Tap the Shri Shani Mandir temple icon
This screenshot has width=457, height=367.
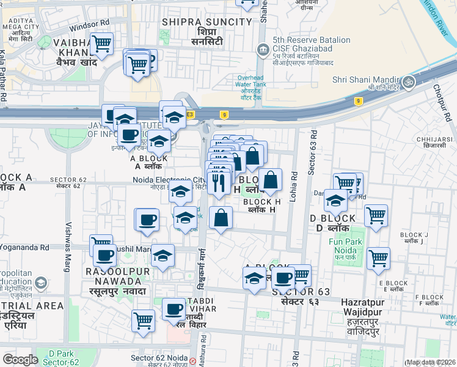click(x=409, y=80)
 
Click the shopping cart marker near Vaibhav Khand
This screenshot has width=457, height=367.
click(x=101, y=43)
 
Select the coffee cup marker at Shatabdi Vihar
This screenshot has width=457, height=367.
click(x=174, y=309)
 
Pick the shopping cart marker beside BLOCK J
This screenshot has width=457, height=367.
click(x=375, y=215)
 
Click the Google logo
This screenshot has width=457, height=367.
click(x=21, y=360)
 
